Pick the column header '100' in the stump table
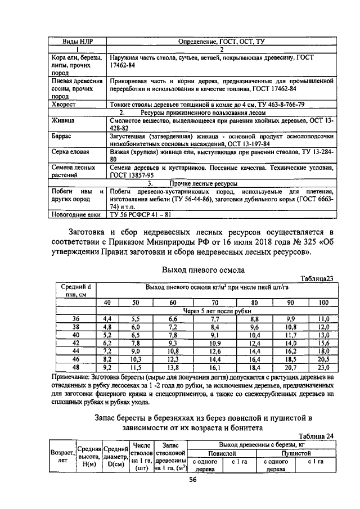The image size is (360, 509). [323, 303]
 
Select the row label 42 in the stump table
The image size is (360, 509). [76, 343]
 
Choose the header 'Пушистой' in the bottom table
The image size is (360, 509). [296, 452]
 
